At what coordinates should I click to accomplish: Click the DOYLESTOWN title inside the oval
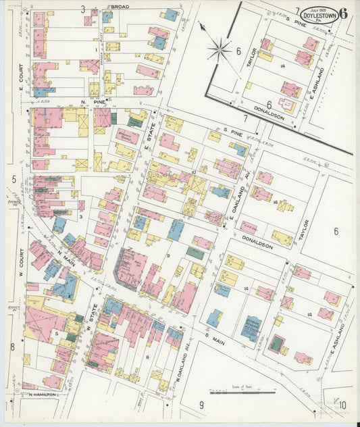(317, 14)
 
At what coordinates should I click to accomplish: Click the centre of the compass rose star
(220, 48)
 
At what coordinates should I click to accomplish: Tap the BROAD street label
(120, 6)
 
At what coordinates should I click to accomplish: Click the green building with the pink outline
(276, 344)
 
